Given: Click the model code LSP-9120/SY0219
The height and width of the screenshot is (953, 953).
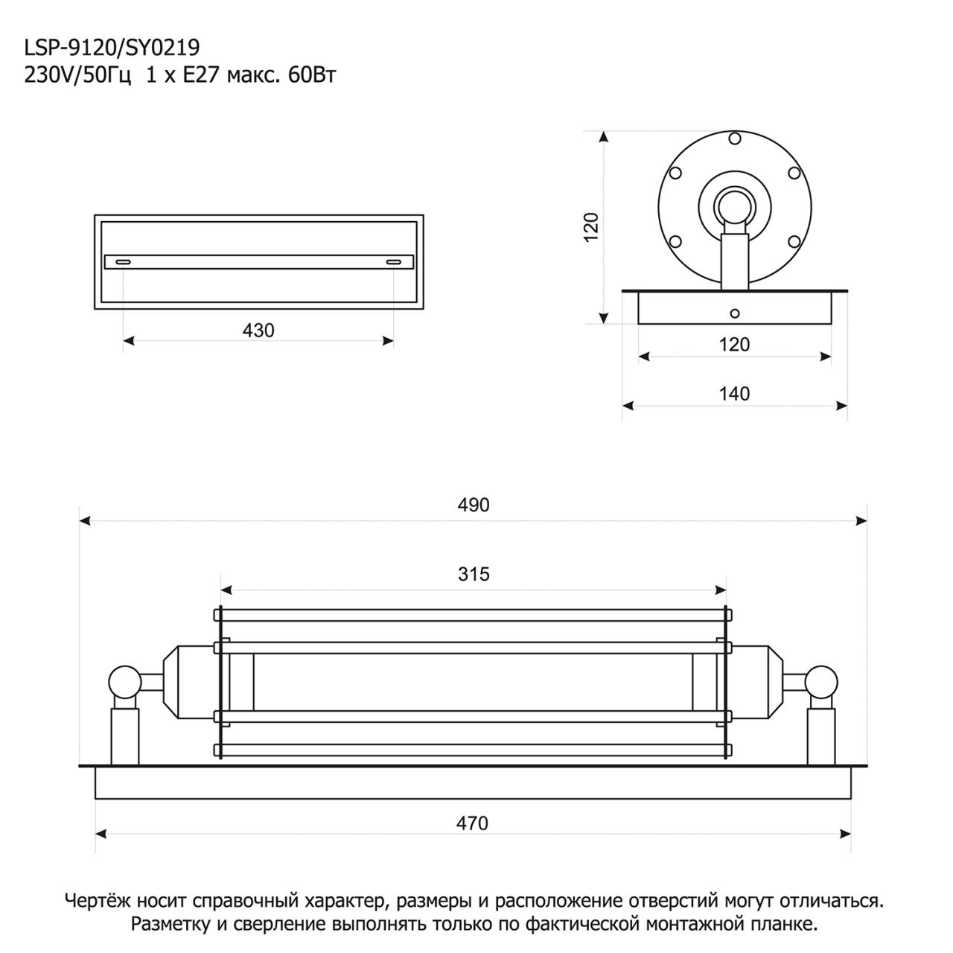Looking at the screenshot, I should [x=112, y=48].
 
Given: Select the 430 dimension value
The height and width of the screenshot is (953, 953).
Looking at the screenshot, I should [x=258, y=330].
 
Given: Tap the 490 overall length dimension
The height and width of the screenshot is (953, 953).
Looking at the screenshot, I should [x=474, y=505].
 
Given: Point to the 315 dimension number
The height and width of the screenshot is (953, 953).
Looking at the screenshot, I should [x=474, y=574].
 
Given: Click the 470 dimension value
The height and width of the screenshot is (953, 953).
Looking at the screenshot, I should [x=473, y=823].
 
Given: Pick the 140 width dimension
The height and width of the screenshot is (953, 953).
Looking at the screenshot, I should [x=735, y=393].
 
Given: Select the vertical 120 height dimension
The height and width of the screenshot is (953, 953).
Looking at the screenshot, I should [x=591, y=226].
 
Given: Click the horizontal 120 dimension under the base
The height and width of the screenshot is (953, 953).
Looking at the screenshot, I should [x=735, y=344].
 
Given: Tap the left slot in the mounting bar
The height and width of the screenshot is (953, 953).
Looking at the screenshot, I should [x=123, y=261].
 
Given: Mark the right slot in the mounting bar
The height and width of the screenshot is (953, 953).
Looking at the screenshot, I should [x=394, y=261].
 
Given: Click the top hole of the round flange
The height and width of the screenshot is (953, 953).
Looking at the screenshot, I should [x=735, y=138].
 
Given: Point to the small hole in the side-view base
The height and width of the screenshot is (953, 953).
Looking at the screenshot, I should [x=735, y=313].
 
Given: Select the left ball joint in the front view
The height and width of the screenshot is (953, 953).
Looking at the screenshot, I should [x=124, y=681].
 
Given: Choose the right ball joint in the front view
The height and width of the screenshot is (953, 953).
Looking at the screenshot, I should [x=823, y=681].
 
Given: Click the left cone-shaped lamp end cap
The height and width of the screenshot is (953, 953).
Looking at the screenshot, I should [x=178, y=681].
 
